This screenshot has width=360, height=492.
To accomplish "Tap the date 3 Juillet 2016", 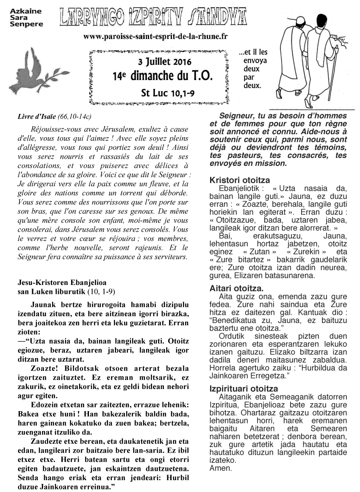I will pos(159,61).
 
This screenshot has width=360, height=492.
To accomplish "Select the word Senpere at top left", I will pos(27,25).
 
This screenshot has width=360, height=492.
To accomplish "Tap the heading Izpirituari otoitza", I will pos(244,389).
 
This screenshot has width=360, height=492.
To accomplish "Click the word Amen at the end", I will pos(221,468).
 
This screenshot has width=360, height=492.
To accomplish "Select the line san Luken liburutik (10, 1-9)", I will pos(66,291).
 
